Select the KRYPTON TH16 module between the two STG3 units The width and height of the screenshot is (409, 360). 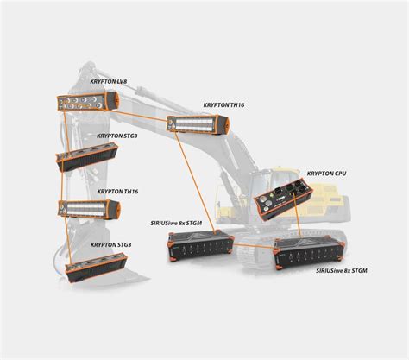pos(87,210)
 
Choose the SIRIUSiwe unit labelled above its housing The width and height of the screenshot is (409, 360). pos(199,246)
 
